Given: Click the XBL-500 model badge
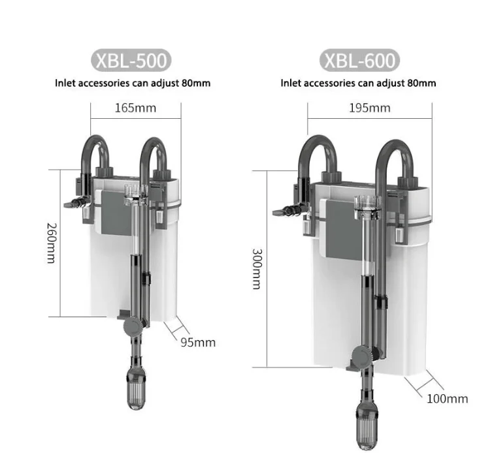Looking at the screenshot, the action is pyautogui.click(x=131, y=60).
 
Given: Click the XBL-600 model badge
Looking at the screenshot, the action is pyautogui.click(x=359, y=60).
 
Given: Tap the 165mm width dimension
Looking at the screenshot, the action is pyautogui.click(x=135, y=108).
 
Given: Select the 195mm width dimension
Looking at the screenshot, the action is pyautogui.click(x=370, y=108).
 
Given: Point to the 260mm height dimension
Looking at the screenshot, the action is pyautogui.click(x=52, y=243).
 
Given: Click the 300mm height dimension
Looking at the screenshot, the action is pyautogui.click(x=257, y=269).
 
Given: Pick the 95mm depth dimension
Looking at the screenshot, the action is pyautogui.click(x=198, y=342).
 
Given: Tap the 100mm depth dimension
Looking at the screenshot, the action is pyautogui.click(x=448, y=399).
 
